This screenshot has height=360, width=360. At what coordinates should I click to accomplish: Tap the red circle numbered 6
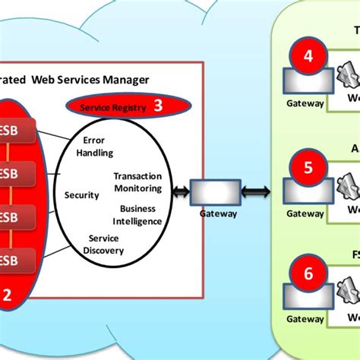[307, 274]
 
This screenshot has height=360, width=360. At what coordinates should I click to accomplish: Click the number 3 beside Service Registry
[158, 106]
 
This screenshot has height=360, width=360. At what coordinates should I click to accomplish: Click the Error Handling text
[95, 147]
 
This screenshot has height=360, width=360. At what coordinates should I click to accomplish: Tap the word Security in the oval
[82, 195]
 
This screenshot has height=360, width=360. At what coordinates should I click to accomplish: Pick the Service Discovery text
[103, 244]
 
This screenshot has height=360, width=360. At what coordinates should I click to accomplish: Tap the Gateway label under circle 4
[305, 103]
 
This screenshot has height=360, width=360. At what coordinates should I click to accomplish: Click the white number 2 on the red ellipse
[7, 298]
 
